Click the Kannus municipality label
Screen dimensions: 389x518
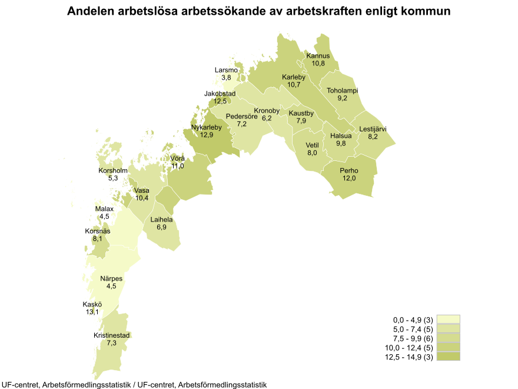pyautogui.click(x=318, y=56)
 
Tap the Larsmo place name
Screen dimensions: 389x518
pyautogui.click(x=226, y=70)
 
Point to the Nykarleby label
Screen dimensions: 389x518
pyautogui.click(x=206, y=127)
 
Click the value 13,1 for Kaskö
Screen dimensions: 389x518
pyautogui.click(x=92, y=312)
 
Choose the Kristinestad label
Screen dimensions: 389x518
pyautogui.click(x=112, y=335)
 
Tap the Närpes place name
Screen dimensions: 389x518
pyautogui.click(x=111, y=279)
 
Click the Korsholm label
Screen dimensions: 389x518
pyautogui.click(x=112, y=171)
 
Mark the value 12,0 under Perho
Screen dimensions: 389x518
pyautogui.click(x=350, y=178)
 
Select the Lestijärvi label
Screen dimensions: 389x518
pyautogui.click(x=373, y=129)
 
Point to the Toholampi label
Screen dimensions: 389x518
pyautogui.click(x=343, y=91)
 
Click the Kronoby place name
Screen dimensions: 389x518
pyautogui.click(x=267, y=111)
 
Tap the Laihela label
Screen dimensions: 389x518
pyautogui.click(x=162, y=220)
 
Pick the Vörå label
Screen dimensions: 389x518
pyautogui.click(x=178, y=159)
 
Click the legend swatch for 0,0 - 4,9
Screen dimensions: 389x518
pyautogui.click(x=448, y=319)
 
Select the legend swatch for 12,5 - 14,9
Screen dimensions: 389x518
pyautogui.click(x=448, y=357)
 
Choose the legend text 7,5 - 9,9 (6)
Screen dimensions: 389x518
pyautogui.click(x=408, y=338)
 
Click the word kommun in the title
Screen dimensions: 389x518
pyautogui.click(x=426, y=11)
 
